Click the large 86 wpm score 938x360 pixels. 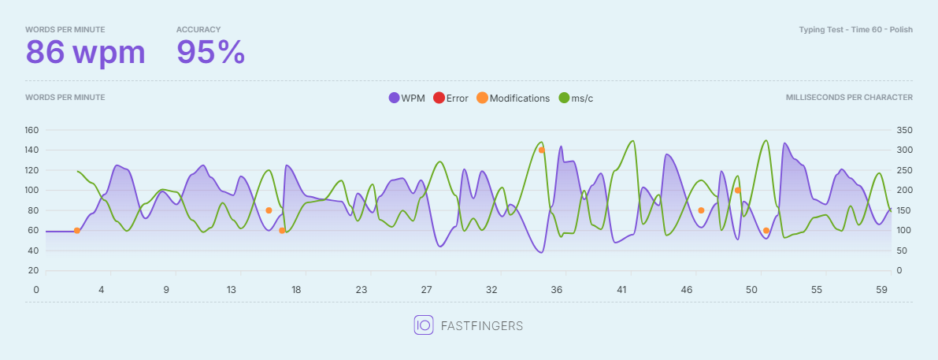pos(86,53)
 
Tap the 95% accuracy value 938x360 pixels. pos(210,53)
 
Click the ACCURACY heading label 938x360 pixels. pos(198,29)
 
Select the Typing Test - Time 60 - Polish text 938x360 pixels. pos(855,29)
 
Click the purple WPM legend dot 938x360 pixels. pos(394,98)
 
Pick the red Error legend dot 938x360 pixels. pos(439,98)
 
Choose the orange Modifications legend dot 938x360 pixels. pos(482,98)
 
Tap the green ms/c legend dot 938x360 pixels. pos(564,98)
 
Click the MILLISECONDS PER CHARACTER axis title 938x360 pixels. pos(849,98)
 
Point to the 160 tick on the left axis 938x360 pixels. pos(32,130)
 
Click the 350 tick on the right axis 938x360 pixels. pos(903,130)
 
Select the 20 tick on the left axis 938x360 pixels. pos(34,271)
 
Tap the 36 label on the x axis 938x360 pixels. pos(557,290)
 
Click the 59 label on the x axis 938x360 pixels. pos(882,290)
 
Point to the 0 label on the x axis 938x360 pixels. pos(36,290)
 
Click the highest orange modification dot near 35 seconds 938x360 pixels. pos(541,150)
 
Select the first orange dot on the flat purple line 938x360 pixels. pos(77,231)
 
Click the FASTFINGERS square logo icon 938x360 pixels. pos(424,325)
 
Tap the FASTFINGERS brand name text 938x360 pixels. pos(482,326)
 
